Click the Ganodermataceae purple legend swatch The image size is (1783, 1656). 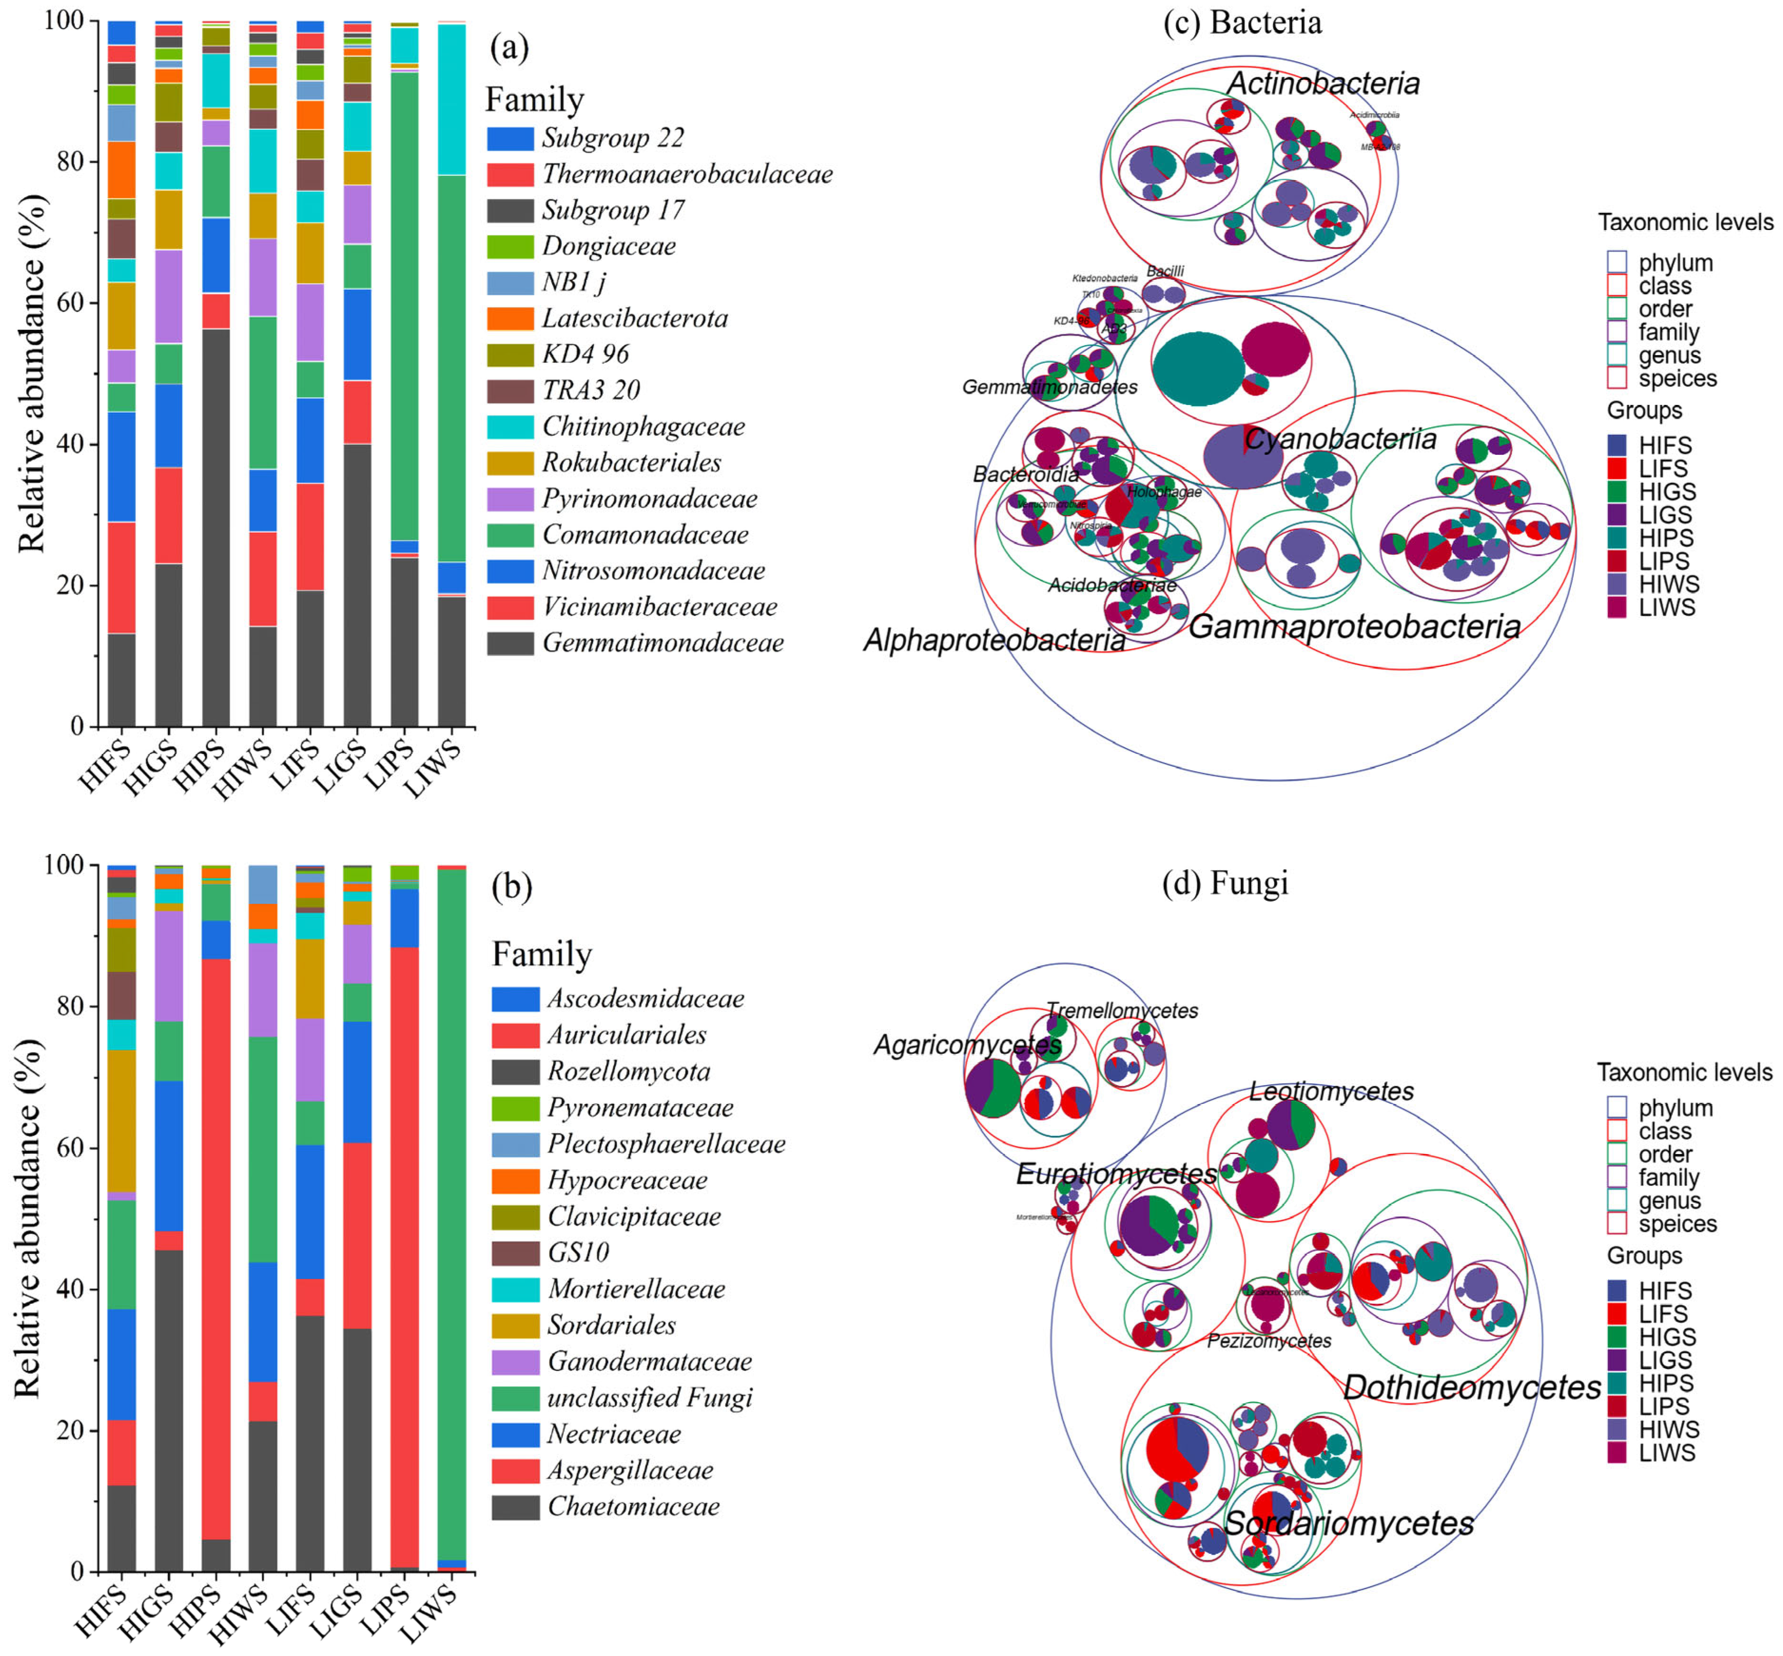click(514, 1362)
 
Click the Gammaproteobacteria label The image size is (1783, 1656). click(1354, 626)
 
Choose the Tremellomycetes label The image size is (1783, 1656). click(1122, 1011)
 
